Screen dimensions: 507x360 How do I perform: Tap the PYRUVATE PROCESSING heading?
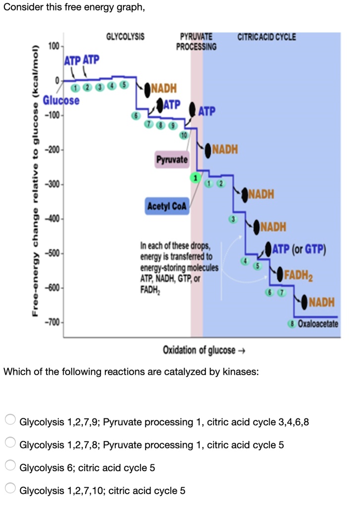(196, 42)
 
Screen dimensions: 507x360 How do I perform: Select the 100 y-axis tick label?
(53, 46)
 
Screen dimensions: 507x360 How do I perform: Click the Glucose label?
(61, 100)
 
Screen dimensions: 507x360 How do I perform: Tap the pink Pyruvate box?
(172, 159)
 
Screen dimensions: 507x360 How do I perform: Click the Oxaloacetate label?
(315, 324)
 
